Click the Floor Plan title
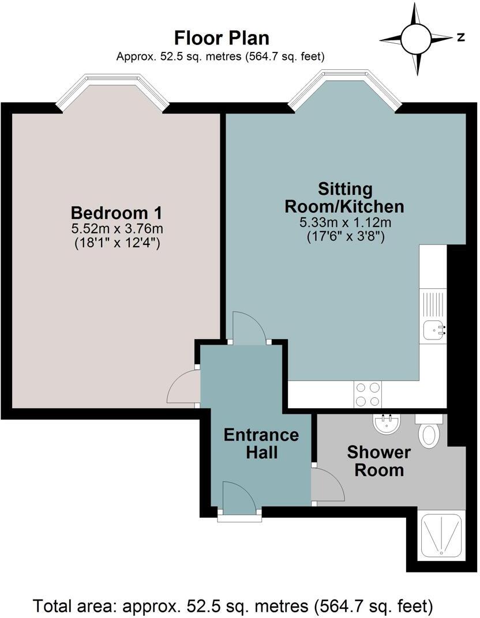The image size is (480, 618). tap(222, 39)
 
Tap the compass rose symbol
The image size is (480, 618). tap(415, 39)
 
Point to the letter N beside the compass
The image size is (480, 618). tap(460, 38)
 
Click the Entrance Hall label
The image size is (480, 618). tap(261, 443)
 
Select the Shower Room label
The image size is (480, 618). tap(378, 461)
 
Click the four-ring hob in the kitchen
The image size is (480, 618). tap(367, 394)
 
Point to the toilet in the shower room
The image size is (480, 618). tap(430, 432)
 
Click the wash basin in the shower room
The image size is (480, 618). tap(385, 425)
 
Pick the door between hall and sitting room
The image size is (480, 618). tap(249, 327)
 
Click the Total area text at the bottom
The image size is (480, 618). tap(233, 606)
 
